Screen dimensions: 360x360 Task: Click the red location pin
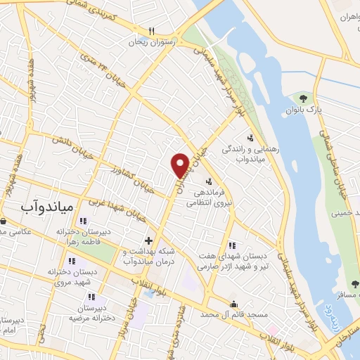(x=180, y=165)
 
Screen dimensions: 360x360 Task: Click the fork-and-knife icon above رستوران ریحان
(x=150, y=32)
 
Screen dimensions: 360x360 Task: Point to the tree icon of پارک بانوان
(x=303, y=98)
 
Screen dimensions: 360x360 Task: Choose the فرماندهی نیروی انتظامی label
(x=209, y=196)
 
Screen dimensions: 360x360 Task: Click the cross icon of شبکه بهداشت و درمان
(x=148, y=240)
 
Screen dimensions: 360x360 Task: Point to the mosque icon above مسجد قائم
(x=233, y=303)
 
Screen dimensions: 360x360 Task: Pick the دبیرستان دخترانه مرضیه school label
(x=91, y=313)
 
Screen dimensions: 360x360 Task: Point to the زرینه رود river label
(x=328, y=307)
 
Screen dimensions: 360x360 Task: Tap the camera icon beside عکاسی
(x=3, y=221)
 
